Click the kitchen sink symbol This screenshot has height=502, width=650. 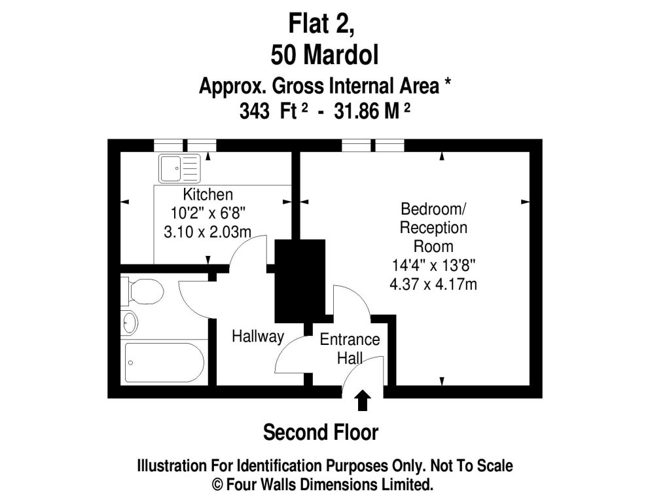tap(179, 169)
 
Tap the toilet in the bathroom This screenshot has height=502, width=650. tap(142, 291)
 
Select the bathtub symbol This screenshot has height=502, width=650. tap(164, 363)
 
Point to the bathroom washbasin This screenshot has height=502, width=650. tap(130, 323)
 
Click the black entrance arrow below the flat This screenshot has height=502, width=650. tap(363, 400)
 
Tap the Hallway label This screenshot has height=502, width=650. tap(258, 336)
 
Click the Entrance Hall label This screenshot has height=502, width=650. tap(350, 349)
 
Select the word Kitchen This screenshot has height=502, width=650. tap(208, 194)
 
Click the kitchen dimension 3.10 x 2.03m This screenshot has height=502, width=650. tap(208, 232)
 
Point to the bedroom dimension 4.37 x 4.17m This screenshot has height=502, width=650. tap(433, 284)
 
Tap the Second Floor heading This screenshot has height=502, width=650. tap(321, 433)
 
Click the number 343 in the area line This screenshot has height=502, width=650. tap(254, 111)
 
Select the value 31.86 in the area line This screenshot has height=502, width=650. tap(357, 111)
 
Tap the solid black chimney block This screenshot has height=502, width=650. tap(300, 281)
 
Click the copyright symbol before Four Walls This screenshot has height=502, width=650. tap(217, 484)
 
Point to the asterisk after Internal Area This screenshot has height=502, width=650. tap(447, 82)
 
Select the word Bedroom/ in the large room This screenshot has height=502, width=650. tap(433, 209)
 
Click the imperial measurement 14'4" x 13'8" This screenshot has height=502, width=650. tap(433, 265)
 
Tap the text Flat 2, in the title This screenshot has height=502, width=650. tap(321, 24)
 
